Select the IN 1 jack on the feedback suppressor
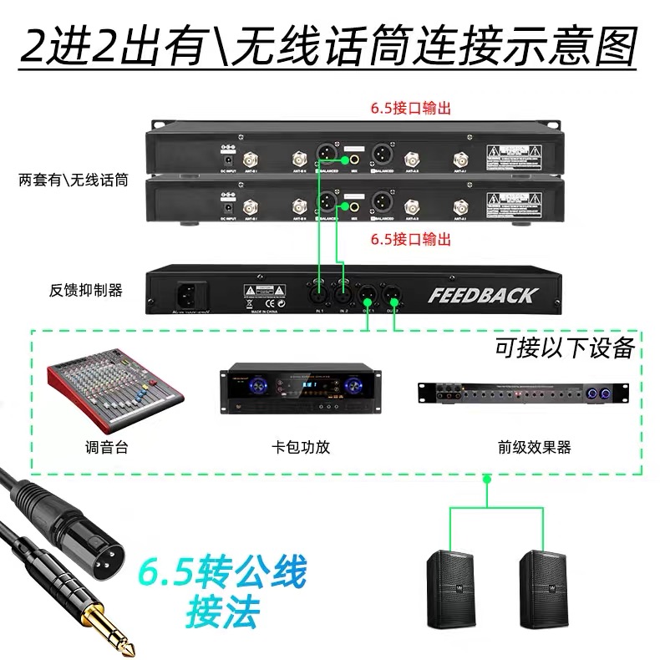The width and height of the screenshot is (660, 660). pyautogui.click(x=318, y=293)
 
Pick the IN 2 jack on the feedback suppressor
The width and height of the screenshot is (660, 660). pyautogui.click(x=343, y=293)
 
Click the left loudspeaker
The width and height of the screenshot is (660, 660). pyautogui.click(x=451, y=590)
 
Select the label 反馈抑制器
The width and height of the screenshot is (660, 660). pyautogui.click(x=85, y=291)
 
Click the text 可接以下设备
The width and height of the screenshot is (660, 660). pyautogui.click(x=564, y=348)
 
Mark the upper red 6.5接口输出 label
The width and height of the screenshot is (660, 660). pyautogui.click(x=411, y=108)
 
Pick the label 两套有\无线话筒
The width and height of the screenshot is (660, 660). pyautogui.click(x=73, y=179)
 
